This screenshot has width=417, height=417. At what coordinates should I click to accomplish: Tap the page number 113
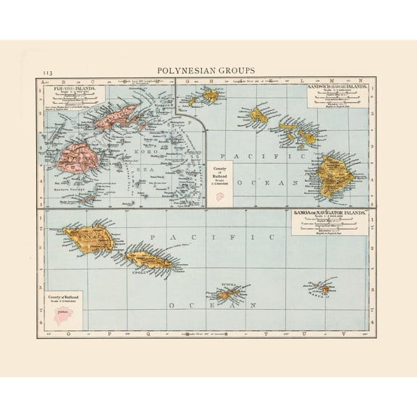(x=48, y=72)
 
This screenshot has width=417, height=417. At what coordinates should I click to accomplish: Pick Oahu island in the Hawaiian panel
(x=259, y=114)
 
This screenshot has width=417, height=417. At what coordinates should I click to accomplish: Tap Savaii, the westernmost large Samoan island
(x=86, y=236)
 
